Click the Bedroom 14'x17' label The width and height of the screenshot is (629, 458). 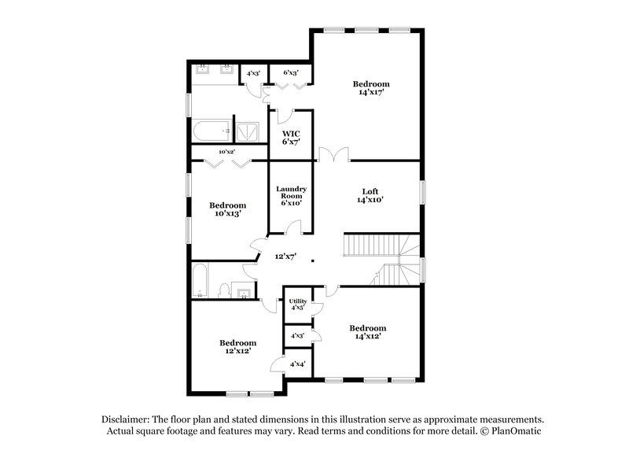(371, 87)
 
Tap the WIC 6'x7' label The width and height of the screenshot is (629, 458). (292, 138)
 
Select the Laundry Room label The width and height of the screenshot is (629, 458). (291, 196)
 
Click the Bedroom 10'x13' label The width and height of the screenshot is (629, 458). (227, 209)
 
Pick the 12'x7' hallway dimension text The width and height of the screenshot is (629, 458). (285, 257)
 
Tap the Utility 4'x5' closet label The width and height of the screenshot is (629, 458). (298, 304)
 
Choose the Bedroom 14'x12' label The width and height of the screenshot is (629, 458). (368, 332)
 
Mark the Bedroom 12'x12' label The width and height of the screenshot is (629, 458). (237, 347)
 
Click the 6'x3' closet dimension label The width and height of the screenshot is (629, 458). (291, 73)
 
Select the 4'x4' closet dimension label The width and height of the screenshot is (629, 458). (298, 364)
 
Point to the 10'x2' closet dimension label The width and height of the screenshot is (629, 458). (227, 151)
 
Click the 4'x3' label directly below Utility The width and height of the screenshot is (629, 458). (298, 336)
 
